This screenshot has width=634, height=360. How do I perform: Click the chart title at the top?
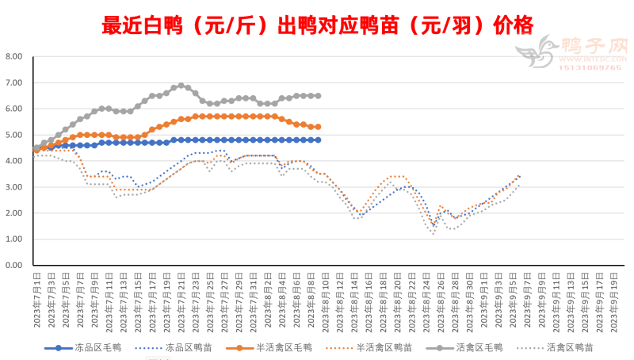(x=317, y=24)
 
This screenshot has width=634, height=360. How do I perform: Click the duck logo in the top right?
(x=535, y=54)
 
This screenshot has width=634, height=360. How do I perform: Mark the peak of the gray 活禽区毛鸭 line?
(x=181, y=85)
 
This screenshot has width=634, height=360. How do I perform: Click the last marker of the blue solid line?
(x=318, y=140)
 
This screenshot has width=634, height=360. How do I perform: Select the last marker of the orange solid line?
(x=318, y=127)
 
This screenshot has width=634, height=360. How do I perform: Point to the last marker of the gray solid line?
(x=318, y=95)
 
